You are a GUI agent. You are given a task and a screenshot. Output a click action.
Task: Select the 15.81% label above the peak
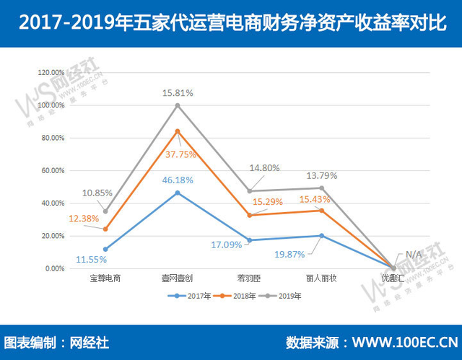[178, 92]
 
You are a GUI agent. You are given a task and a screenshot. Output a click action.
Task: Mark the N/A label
[414, 254]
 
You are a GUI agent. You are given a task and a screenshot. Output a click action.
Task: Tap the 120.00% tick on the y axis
[51, 73]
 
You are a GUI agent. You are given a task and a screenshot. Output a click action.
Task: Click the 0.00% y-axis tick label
[55, 269]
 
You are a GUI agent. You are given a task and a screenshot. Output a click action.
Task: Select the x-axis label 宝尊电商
[105, 277]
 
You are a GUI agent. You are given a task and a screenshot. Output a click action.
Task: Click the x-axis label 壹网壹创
[178, 277]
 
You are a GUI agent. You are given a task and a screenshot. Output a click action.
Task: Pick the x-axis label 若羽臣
[250, 277]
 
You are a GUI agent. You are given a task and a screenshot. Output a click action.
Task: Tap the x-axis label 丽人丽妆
[321, 277]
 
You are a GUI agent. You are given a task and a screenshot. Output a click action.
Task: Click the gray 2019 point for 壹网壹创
[178, 105]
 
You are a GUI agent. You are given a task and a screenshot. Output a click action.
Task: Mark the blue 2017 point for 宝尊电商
[105, 250]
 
